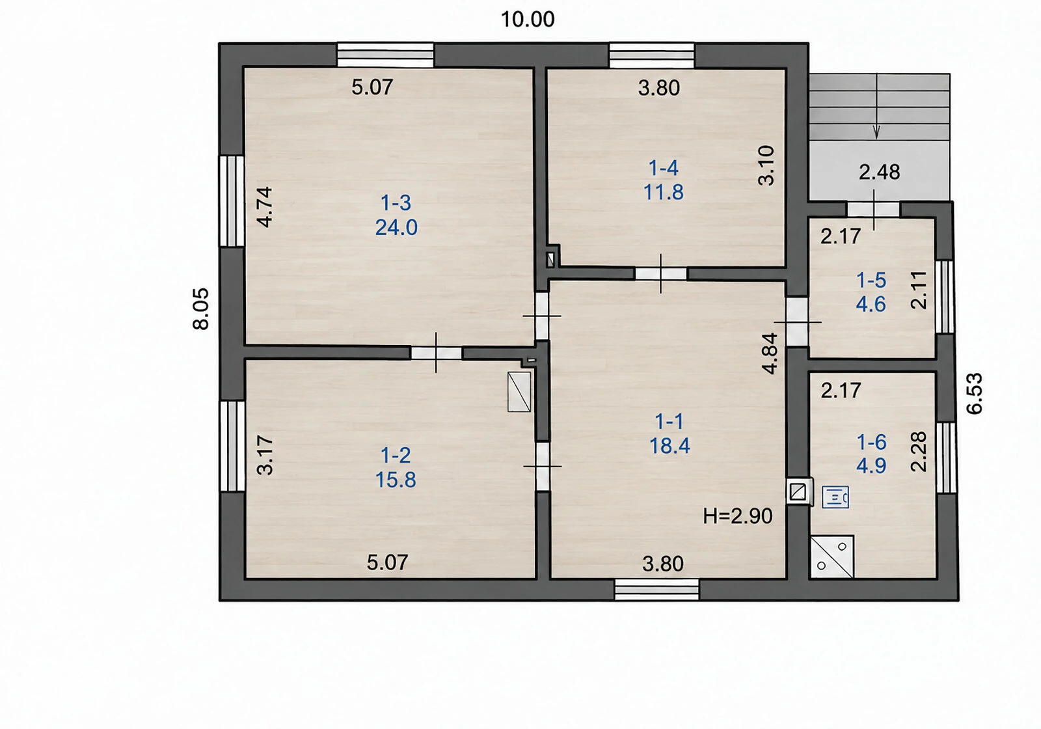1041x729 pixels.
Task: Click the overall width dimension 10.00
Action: click(528, 20)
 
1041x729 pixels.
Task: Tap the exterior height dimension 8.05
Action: click(201, 309)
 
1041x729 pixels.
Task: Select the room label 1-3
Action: click(396, 202)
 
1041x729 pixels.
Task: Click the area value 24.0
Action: click(396, 227)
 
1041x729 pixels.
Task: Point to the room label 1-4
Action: click(663, 168)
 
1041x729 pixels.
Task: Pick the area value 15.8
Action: click(396, 480)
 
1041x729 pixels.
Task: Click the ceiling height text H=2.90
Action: click(738, 516)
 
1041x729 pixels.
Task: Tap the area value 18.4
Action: click(669, 445)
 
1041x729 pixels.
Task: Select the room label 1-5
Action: click(871, 281)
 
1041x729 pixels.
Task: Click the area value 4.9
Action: click(871, 465)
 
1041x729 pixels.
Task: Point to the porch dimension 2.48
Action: click(879, 172)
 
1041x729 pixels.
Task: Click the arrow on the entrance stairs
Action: click(876, 106)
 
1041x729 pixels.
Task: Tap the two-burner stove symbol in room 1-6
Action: click(832, 557)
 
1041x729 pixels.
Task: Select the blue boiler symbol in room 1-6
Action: click(835, 497)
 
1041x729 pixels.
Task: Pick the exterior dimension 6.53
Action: click(975, 393)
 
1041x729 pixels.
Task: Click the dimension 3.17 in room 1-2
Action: click(265, 455)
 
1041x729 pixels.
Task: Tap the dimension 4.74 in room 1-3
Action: click(265, 207)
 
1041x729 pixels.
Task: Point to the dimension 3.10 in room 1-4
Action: click(766, 166)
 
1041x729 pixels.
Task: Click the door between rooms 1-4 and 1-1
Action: click(661, 273)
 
